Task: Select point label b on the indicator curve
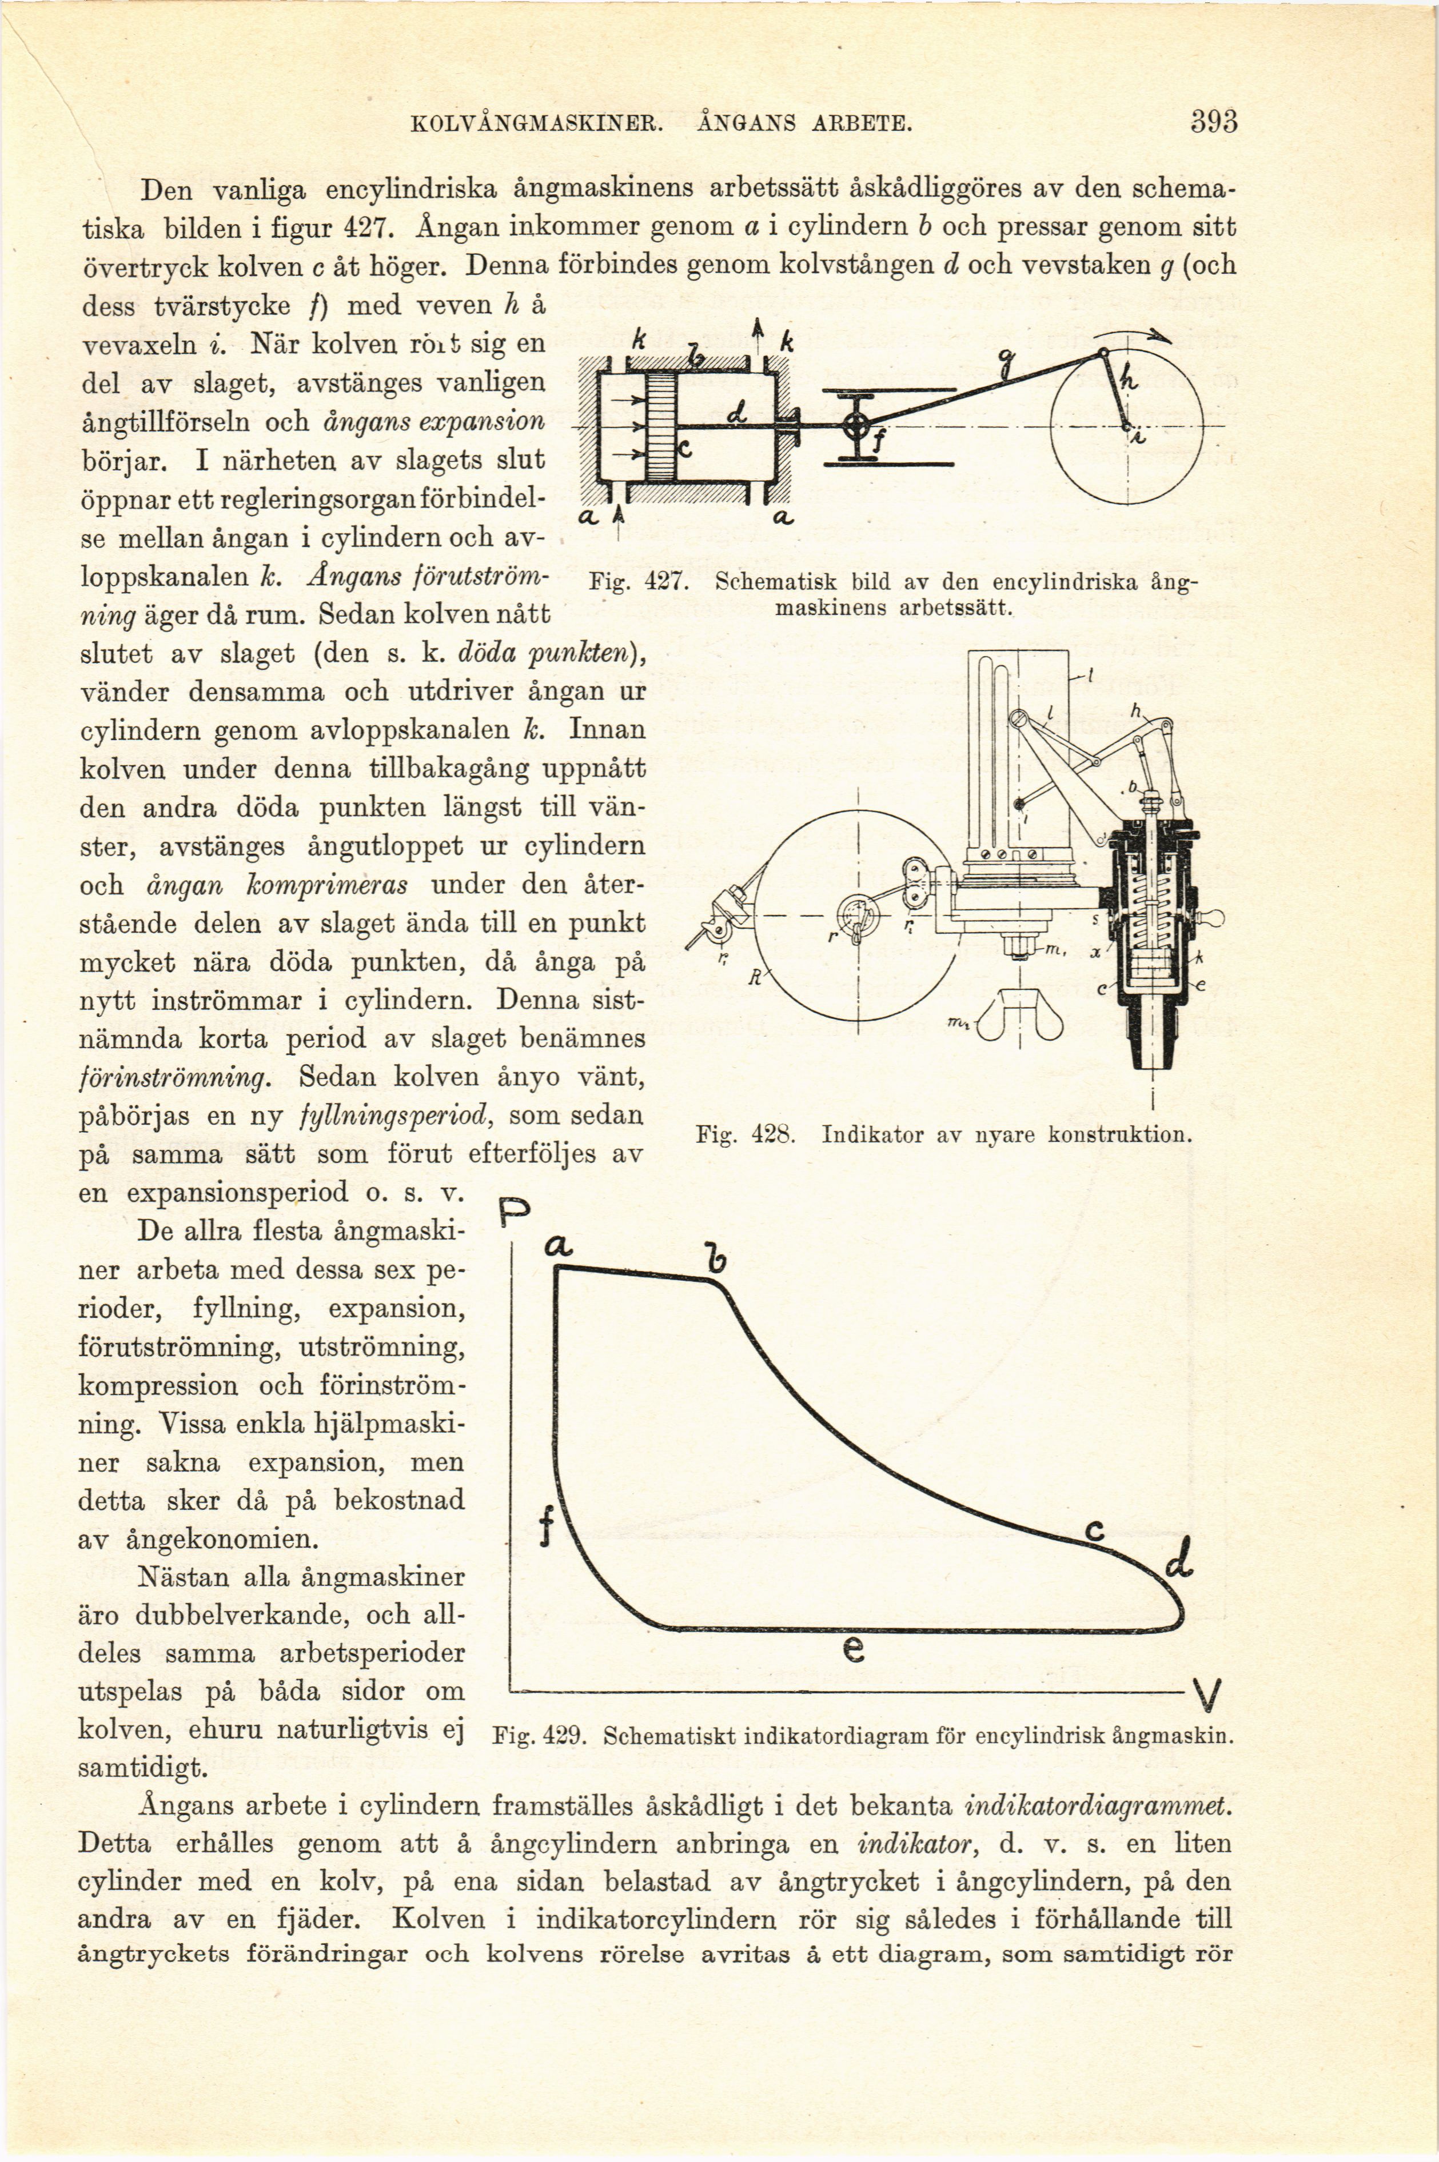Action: (715, 1257)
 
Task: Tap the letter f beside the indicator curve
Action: (547, 1529)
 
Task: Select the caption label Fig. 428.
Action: (744, 1134)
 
